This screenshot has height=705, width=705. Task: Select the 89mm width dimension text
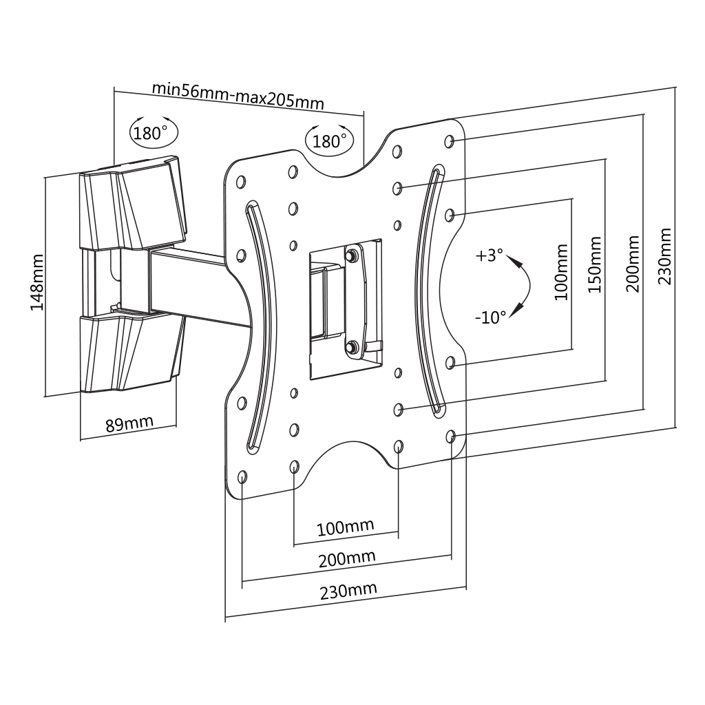pyautogui.click(x=129, y=422)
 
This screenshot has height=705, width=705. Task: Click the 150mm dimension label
pyautogui.click(x=595, y=264)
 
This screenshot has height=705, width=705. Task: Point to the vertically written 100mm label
pyautogui.click(x=560, y=271)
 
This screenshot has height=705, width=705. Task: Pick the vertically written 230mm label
pyautogui.click(x=665, y=256)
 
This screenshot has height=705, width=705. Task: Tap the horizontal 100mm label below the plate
pyautogui.click(x=345, y=528)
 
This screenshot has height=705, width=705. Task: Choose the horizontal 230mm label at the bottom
pyautogui.click(x=348, y=591)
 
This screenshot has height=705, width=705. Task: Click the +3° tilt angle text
pyautogui.click(x=490, y=255)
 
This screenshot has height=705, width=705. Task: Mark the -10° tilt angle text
pyautogui.click(x=490, y=317)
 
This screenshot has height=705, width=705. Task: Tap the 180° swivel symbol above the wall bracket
pyautogui.click(x=153, y=132)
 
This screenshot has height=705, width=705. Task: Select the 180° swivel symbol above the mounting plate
pyautogui.click(x=330, y=140)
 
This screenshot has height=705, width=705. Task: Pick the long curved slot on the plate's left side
pyautogui.click(x=260, y=324)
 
